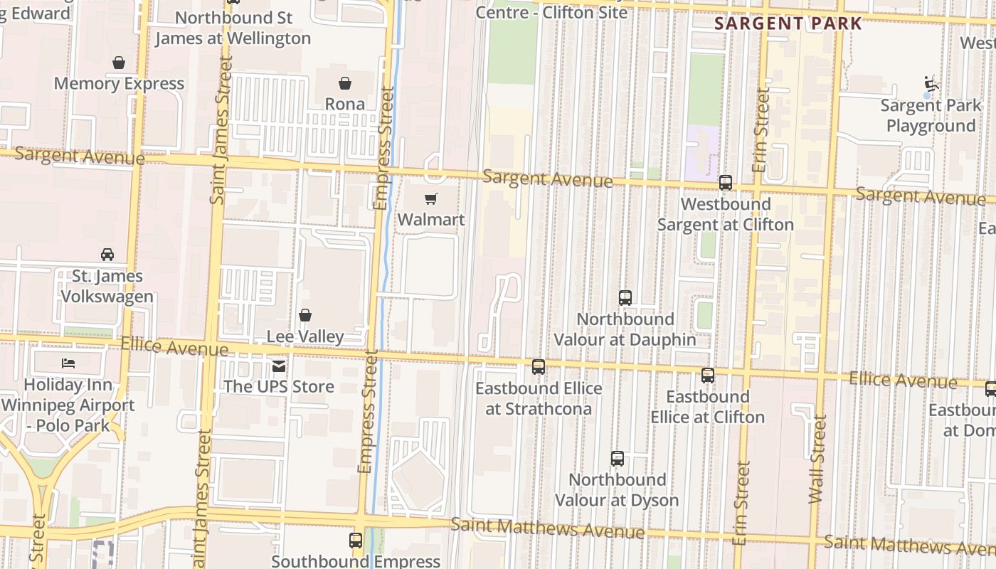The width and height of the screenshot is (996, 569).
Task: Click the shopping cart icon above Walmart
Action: [x=430, y=199]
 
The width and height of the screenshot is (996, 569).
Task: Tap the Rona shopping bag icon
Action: [x=345, y=84]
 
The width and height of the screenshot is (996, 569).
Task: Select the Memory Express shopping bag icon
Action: [x=119, y=63]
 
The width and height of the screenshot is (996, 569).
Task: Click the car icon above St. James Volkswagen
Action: [x=107, y=255]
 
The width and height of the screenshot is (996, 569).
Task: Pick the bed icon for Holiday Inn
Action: [x=68, y=363]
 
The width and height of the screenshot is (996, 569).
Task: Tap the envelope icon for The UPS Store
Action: [x=279, y=366]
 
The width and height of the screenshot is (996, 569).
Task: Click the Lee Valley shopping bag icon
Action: [x=305, y=315]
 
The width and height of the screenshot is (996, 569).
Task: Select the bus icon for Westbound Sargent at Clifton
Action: [x=726, y=183]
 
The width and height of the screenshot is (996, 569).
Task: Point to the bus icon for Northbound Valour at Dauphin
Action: [x=625, y=298]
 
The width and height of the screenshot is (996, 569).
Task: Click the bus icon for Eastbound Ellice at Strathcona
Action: [x=539, y=367]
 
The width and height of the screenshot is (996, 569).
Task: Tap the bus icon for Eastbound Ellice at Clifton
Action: [x=708, y=376]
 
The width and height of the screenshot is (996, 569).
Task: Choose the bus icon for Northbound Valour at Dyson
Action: [x=618, y=459]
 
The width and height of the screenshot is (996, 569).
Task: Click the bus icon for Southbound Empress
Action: [x=356, y=541]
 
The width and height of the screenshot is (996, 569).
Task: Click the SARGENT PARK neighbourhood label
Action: [x=788, y=23]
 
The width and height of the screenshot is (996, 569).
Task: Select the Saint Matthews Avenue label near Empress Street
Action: [x=548, y=528]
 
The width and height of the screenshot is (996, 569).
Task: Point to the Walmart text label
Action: [x=431, y=220]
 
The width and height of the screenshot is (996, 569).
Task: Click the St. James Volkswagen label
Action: [x=107, y=286]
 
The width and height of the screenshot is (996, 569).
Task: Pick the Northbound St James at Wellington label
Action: [x=233, y=28]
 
